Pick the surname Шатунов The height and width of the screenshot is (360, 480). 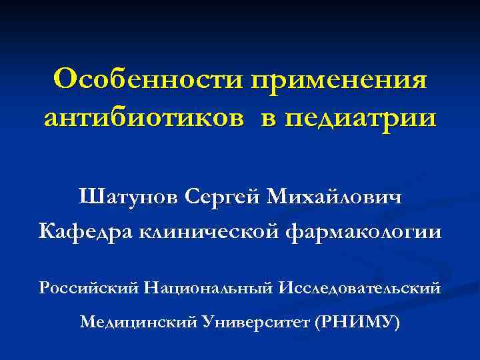point(127,198)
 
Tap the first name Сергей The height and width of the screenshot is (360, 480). point(223,198)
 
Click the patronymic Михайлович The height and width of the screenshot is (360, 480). point(335,198)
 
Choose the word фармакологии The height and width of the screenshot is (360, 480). point(363,233)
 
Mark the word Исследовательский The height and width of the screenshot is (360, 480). point(361,288)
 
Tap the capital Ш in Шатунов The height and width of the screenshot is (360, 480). point(89,197)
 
